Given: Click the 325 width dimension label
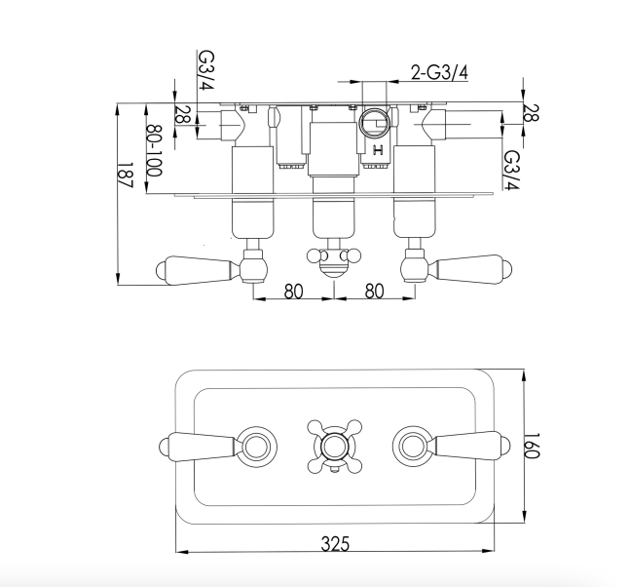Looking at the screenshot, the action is coord(335,544).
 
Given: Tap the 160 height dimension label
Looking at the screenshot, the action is coord(532,447).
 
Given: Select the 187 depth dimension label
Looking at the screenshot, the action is coord(126,175).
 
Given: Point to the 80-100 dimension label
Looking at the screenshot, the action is coord(154,150).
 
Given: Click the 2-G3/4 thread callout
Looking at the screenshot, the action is coord(439,73).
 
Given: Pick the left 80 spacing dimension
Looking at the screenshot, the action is coord(294,292).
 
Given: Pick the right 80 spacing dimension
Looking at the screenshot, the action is coord(375,292).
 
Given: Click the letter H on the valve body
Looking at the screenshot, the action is coord(378,151).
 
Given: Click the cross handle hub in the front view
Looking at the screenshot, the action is coord(334,447).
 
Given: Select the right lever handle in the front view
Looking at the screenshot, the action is coord(469,446).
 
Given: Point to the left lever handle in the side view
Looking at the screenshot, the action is coord(196,269).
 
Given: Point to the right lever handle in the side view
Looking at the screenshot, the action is coord(472,269).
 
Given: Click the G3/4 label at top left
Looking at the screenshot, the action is coord(207,70).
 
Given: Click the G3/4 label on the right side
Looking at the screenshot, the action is coord(512,170).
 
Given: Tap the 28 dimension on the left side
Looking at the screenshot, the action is coord(182,115).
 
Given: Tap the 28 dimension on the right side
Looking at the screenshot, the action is coord(531,113).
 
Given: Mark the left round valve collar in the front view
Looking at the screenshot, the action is coord(256,447).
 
